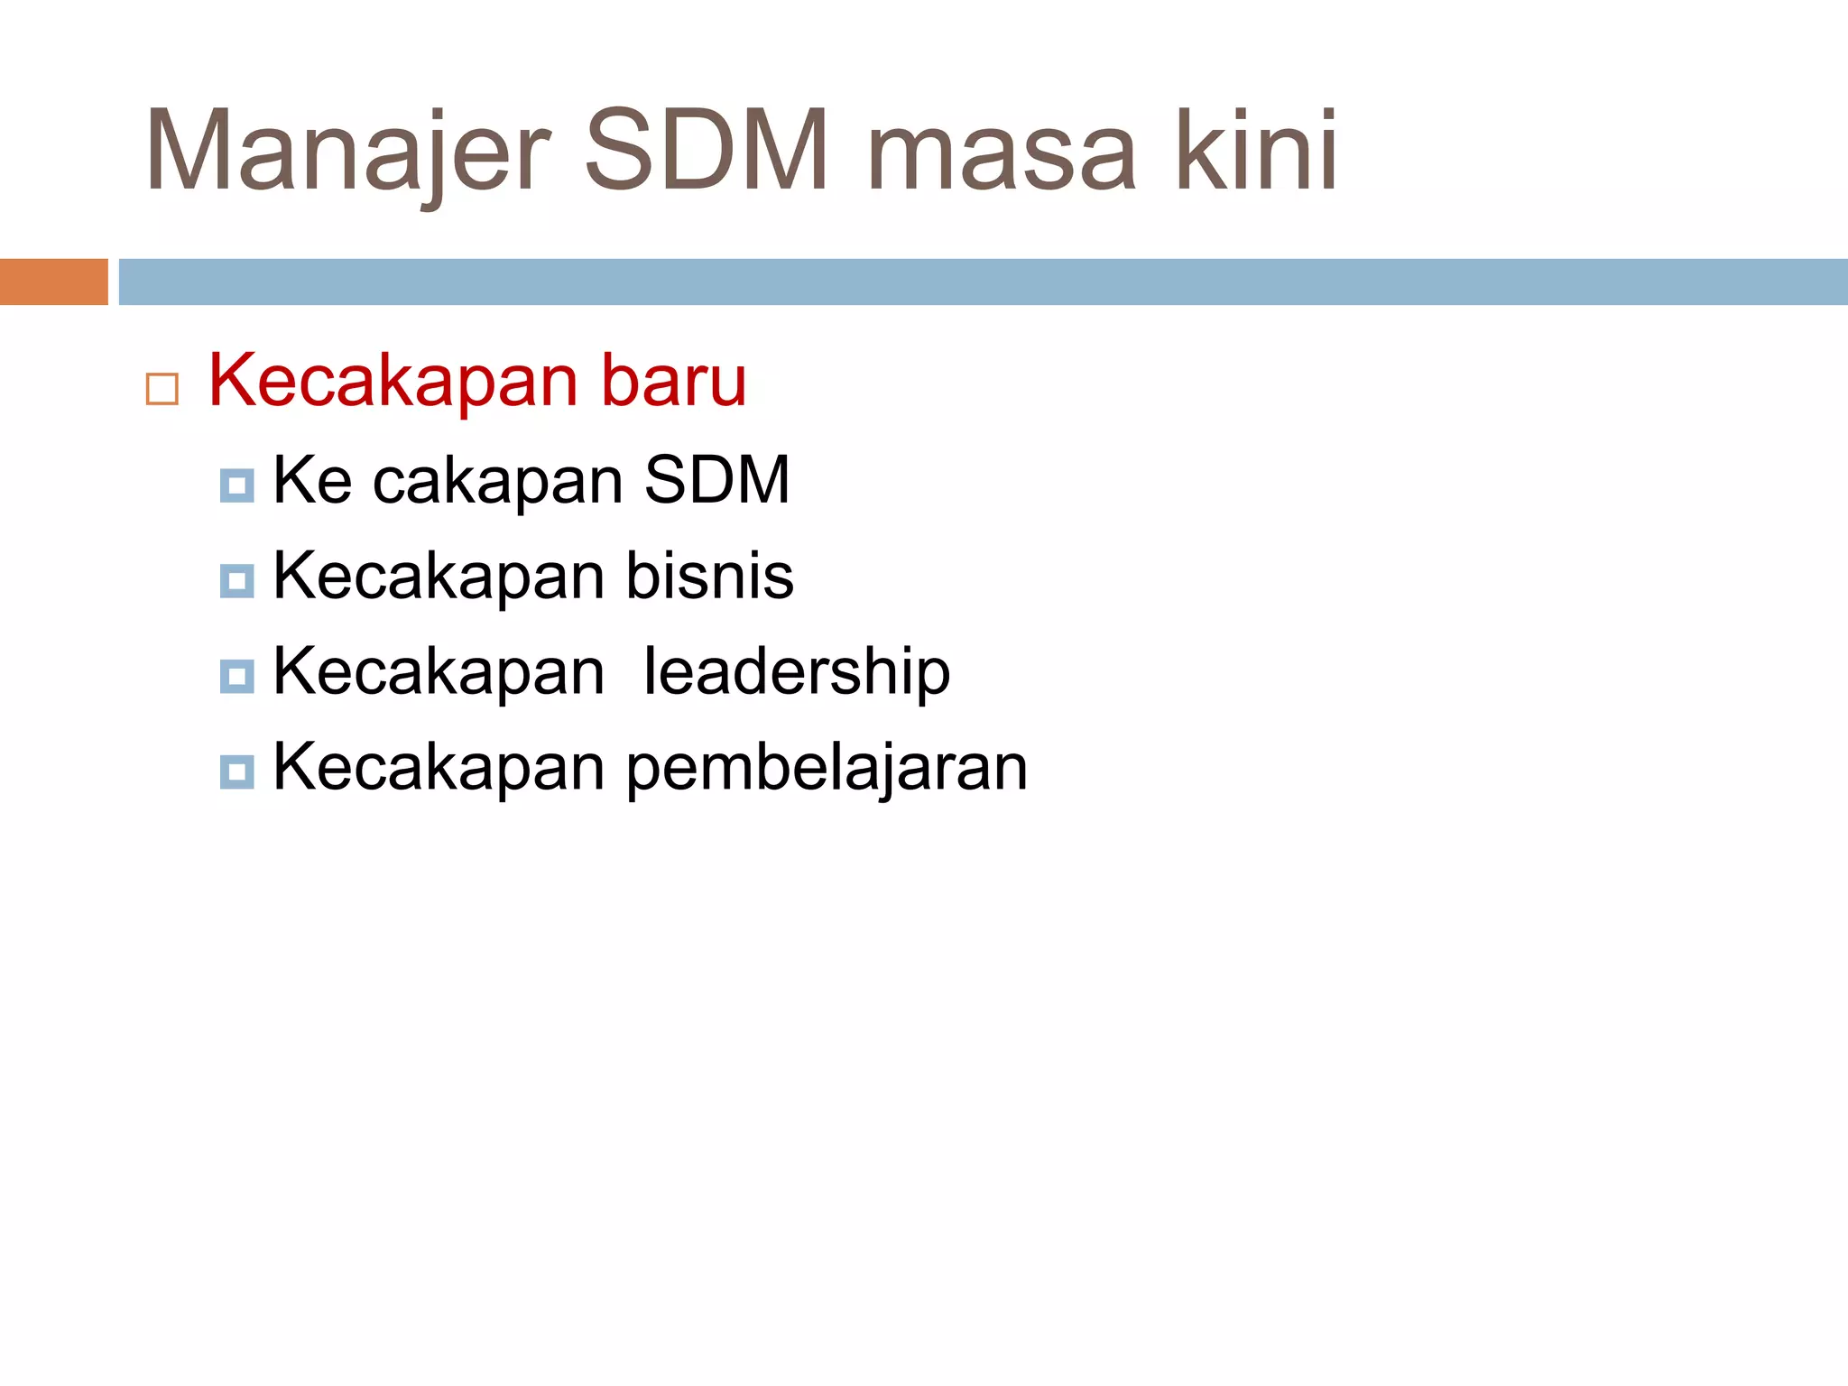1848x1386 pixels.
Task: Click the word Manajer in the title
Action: pos(347,152)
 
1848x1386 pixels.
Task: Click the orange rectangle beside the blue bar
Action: pos(53,282)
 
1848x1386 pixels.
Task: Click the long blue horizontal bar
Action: pos(983,282)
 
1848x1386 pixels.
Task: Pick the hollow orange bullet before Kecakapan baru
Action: pos(162,389)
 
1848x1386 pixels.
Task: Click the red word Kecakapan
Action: pos(393,381)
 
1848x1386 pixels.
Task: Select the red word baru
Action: pos(674,381)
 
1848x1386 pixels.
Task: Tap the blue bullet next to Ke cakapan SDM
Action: pos(236,485)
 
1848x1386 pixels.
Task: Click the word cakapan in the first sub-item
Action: pos(498,481)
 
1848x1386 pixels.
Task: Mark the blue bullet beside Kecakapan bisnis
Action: pos(236,581)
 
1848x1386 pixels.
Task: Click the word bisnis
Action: pos(710,576)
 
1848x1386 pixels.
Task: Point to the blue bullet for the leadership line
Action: pos(236,677)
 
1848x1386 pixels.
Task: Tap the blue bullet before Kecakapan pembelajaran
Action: pos(236,772)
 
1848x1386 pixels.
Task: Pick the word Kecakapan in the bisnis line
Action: pos(439,576)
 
